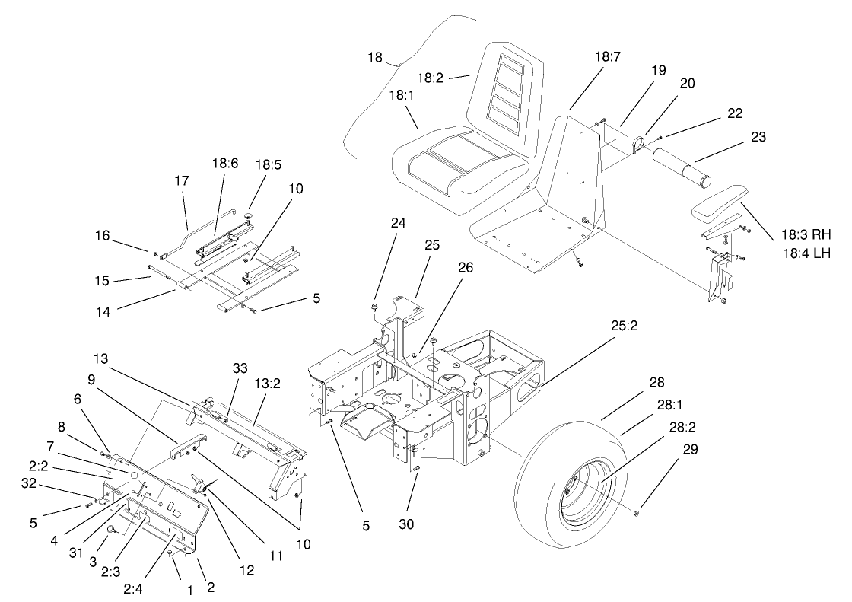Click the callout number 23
758,138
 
